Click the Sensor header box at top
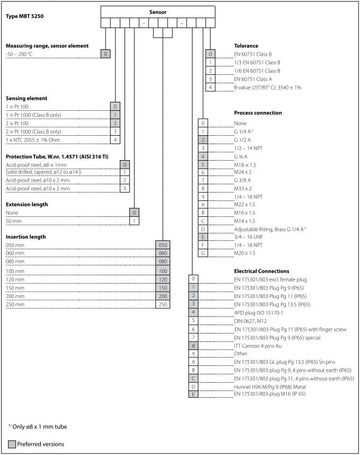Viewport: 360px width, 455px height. click(157, 12)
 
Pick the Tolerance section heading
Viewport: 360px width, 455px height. click(246, 46)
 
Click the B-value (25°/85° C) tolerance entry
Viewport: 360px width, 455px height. click(267, 87)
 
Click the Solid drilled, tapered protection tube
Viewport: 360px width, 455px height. click(43, 172)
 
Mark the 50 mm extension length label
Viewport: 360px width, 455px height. click(13, 220)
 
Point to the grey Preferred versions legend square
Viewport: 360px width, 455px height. click(12, 443)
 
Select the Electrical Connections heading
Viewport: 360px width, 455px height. click(262, 270)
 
